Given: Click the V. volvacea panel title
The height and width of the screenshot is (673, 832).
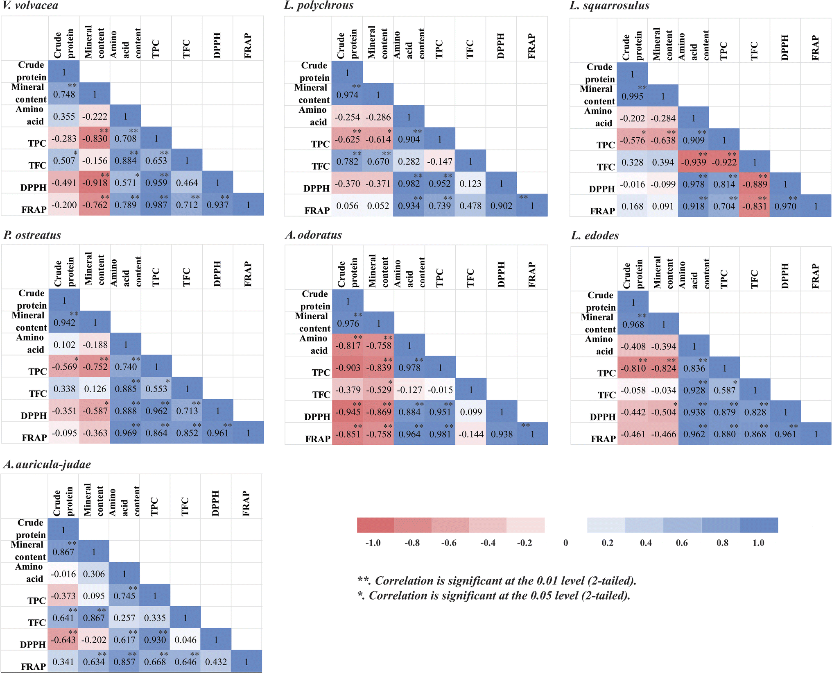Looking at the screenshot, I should click(31, 6).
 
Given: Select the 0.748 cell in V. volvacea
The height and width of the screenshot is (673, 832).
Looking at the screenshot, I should click(64, 94).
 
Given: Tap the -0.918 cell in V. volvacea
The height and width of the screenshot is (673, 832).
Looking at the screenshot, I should click(95, 183).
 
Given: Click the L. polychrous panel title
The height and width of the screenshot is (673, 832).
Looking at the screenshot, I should click(319, 6).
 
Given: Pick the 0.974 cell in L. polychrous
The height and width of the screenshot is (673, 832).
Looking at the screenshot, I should click(347, 95).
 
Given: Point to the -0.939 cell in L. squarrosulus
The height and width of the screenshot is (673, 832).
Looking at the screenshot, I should click(693, 162).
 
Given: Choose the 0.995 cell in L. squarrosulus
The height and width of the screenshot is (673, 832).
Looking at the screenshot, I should click(632, 96).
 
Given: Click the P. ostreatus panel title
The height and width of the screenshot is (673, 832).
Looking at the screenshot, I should click(32, 235).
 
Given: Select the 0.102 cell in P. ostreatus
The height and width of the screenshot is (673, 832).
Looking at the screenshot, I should click(64, 345).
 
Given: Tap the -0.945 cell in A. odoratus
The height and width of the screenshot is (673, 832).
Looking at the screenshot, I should click(348, 412).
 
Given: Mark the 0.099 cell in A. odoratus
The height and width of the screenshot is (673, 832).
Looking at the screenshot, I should click(471, 412).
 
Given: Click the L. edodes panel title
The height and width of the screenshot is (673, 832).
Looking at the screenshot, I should click(595, 236).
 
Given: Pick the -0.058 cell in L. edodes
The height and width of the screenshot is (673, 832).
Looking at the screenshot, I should click(633, 390).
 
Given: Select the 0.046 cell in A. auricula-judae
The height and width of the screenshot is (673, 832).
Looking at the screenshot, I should click(185, 640).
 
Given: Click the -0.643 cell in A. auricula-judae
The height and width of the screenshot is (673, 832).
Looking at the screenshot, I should click(63, 640).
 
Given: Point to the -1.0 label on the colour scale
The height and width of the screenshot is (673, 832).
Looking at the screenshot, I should click(373, 543).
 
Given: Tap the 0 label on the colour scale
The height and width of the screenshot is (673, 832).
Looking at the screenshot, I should click(565, 543).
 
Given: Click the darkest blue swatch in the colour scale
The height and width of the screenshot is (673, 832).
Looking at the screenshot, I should click(758, 525).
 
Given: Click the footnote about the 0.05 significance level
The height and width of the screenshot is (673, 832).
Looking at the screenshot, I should click(493, 596).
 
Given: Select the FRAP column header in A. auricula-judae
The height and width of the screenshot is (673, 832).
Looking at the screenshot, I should click(246, 503).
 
